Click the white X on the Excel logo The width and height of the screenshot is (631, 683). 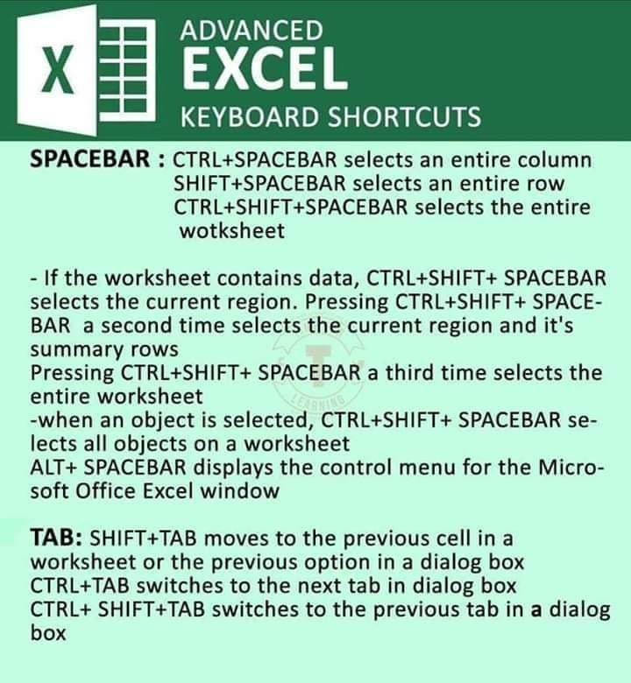58,70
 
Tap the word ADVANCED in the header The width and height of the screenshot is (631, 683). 252,31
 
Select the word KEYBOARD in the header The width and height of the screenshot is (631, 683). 250,116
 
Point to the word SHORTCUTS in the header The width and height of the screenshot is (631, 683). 404,116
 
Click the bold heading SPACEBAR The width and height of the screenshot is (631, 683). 90,158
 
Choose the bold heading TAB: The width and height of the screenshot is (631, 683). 56,537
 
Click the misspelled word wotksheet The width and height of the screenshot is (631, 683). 232,230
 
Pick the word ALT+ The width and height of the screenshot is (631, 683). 53,468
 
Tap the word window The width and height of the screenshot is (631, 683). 239,491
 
